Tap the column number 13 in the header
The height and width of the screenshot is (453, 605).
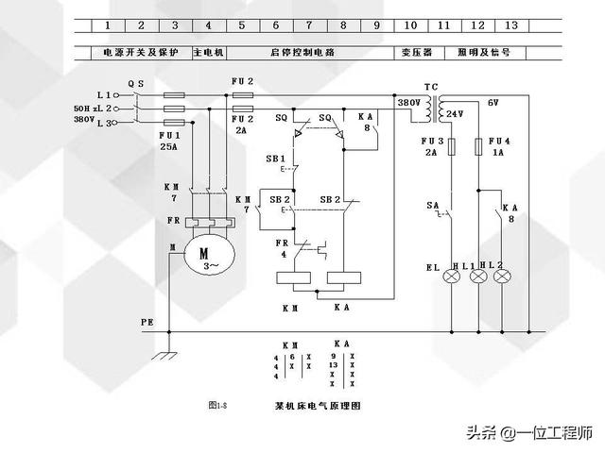coord(511,25)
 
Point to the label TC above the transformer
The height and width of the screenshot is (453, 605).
coord(430,87)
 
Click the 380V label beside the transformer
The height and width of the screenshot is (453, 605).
coord(407,102)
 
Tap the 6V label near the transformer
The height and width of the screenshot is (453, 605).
coord(493,102)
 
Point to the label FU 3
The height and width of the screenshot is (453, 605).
coord(431,141)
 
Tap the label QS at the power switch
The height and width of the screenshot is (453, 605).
coord(136,83)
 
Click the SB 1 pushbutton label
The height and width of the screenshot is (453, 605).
coord(276,159)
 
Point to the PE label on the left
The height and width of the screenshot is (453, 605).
coord(147,322)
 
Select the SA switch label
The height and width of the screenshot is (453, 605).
coord(432,205)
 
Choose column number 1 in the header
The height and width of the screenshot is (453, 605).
coord(108,25)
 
